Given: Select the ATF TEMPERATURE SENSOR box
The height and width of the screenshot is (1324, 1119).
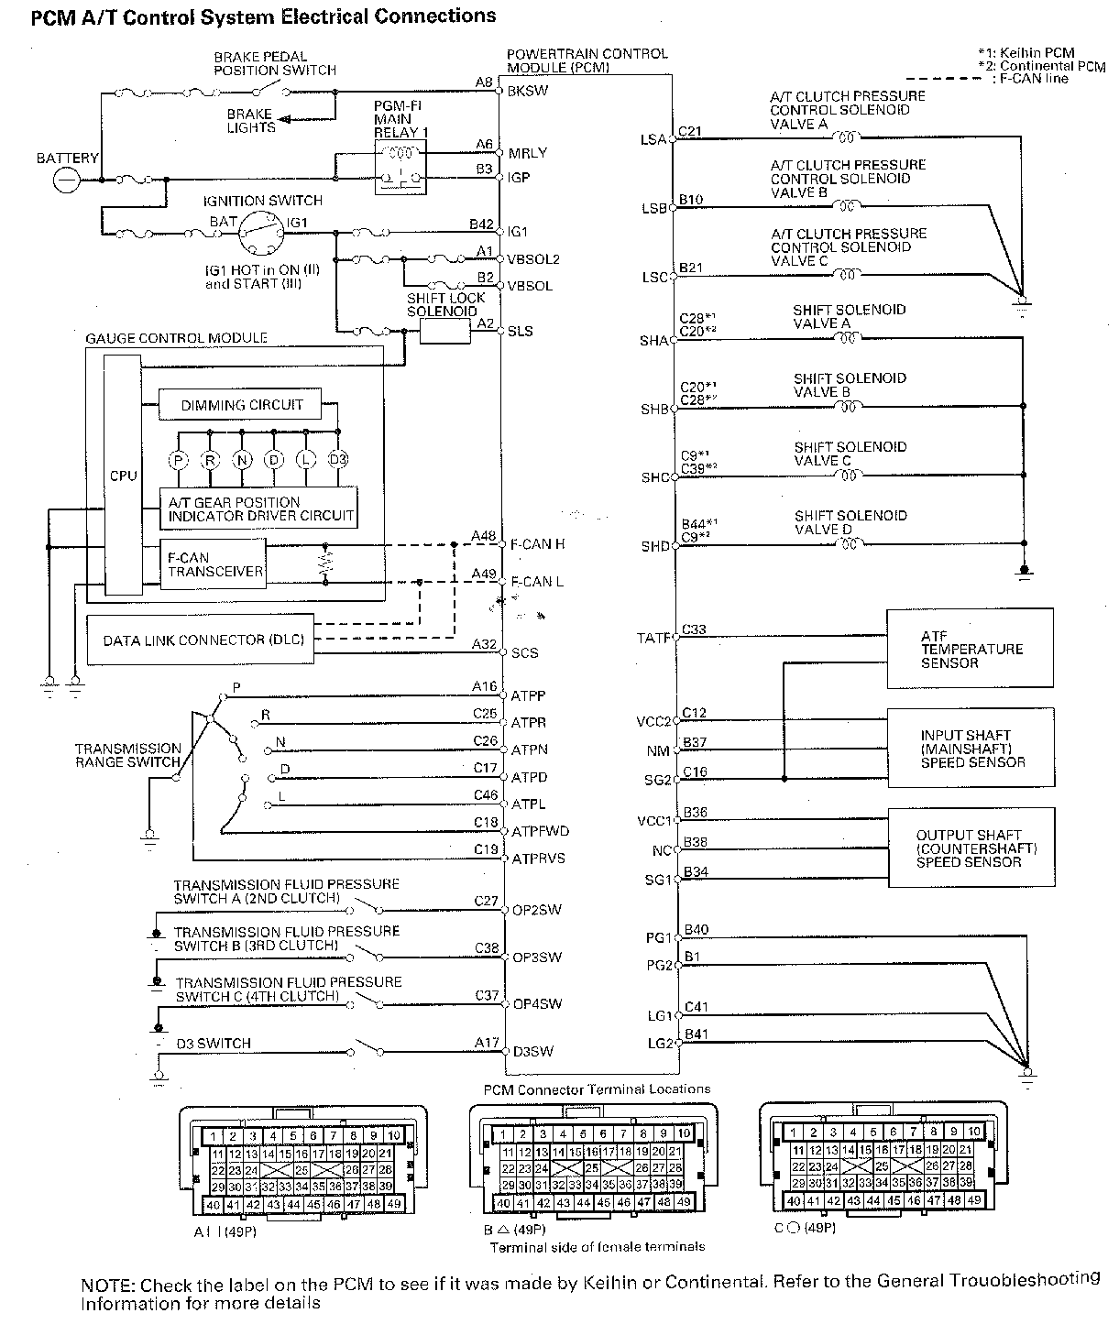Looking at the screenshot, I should pos(970,649).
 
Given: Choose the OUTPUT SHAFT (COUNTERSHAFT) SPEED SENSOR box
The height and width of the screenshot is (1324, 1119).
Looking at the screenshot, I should pos(970,848).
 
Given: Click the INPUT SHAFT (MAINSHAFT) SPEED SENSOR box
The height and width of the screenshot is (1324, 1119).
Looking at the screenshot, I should pos(970,748).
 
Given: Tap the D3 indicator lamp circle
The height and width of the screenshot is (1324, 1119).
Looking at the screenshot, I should pos(338,460).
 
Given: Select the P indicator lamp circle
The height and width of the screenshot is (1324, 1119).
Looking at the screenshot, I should pos(179,460).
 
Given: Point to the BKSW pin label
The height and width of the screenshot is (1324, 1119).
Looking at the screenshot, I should pos(528,92).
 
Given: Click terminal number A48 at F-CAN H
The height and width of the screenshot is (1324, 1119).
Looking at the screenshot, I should pos(483,536).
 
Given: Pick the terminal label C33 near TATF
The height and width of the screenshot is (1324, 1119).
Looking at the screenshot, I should pos(694,630).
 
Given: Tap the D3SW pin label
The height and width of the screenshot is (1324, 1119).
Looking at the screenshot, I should pos(532,1051).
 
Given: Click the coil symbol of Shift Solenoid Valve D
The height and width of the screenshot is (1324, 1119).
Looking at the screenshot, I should pos(850,544).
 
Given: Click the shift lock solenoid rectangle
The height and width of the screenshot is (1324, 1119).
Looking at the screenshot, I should pos(445,332).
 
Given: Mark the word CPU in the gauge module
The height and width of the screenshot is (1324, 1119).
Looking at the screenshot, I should pos(123,476).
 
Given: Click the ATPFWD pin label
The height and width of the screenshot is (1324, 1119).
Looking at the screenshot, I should pos(540,831).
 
